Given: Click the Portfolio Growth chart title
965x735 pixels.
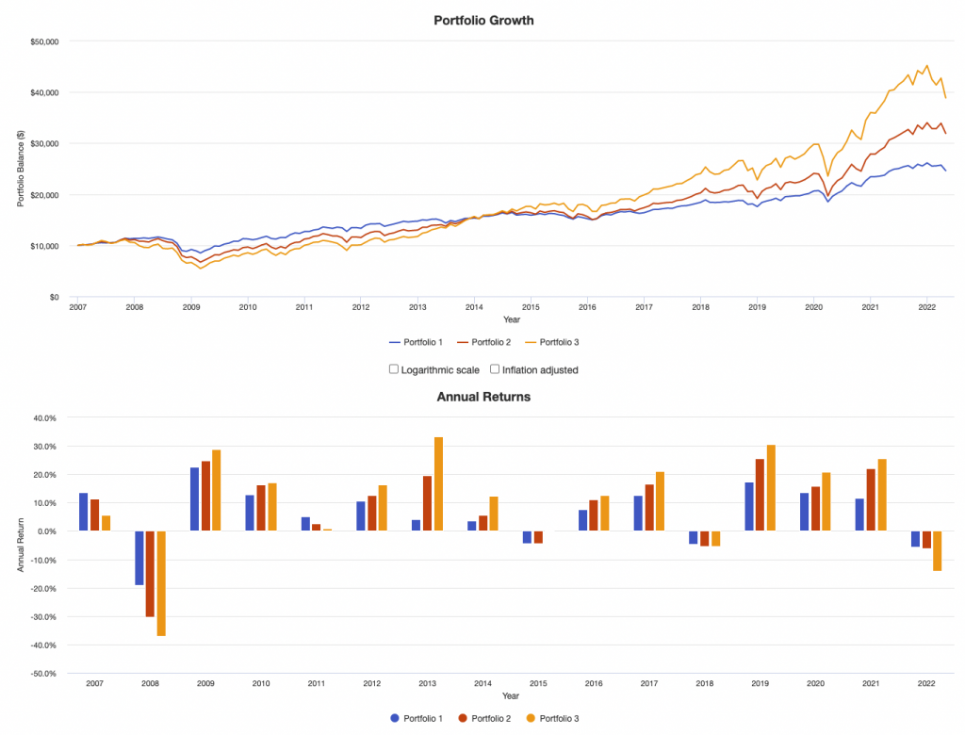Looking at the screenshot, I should tap(482, 20).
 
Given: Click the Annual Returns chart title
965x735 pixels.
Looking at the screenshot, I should tap(482, 397).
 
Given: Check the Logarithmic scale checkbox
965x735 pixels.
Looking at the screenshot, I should tap(394, 369).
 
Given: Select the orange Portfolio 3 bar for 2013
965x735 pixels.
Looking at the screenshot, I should tap(438, 484).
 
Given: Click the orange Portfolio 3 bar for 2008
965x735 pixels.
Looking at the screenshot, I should tap(161, 583).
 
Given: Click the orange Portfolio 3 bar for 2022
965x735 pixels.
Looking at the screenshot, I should tap(937, 551).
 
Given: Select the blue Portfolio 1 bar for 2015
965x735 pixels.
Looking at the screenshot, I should tap(528, 537).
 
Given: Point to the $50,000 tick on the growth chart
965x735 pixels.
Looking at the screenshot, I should tap(44, 41).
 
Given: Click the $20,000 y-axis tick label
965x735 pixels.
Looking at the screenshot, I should tap(44, 195).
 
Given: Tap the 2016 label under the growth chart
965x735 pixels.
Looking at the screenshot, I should tap(587, 307).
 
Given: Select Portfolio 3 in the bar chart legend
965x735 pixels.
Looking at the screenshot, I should tap(556, 718).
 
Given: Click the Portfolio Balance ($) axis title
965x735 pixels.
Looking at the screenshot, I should tap(20, 170).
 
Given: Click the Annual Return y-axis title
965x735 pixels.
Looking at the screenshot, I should tap(20, 546).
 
